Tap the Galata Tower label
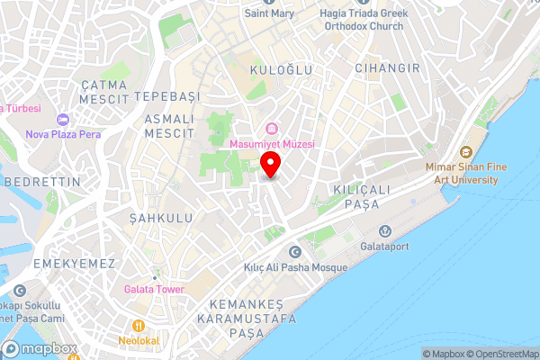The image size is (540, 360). click(x=155, y=290)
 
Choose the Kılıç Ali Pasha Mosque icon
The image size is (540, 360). click(x=294, y=253)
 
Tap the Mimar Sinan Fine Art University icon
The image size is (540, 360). click(x=465, y=153)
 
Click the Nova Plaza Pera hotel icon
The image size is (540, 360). click(x=62, y=120)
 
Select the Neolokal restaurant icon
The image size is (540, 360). click(x=138, y=326)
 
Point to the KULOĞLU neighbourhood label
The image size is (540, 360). click(x=283, y=70)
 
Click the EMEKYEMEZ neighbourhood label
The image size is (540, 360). click(x=74, y=263)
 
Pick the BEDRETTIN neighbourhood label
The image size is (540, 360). click(x=42, y=182)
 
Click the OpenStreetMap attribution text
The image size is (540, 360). click(x=499, y=354)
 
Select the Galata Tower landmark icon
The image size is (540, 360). click(x=155, y=273)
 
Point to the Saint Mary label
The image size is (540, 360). click(x=270, y=13)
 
